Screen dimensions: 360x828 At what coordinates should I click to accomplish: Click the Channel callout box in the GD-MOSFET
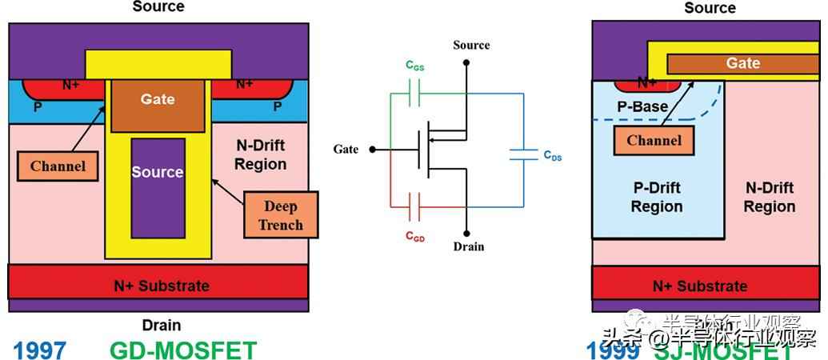(x=58, y=166)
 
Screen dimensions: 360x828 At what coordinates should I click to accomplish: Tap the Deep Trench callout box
(x=281, y=214)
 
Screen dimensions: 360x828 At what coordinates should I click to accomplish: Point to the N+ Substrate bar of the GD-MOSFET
(x=158, y=285)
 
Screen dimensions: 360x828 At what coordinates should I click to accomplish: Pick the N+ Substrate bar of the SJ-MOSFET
(x=700, y=285)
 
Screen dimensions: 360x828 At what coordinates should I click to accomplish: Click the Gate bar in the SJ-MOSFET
(x=743, y=64)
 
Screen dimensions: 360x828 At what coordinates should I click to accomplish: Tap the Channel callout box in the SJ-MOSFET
(x=654, y=141)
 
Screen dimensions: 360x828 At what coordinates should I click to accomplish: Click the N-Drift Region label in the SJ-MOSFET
(x=769, y=197)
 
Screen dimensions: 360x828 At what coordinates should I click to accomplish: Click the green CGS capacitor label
(x=414, y=67)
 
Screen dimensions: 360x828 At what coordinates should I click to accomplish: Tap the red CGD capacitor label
(x=414, y=237)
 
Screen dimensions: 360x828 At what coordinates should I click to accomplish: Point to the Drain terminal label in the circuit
(x=468, y=246)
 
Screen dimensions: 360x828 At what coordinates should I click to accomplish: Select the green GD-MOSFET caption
(x=183, y=350)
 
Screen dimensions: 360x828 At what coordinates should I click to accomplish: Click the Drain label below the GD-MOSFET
(x=161, y=325)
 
